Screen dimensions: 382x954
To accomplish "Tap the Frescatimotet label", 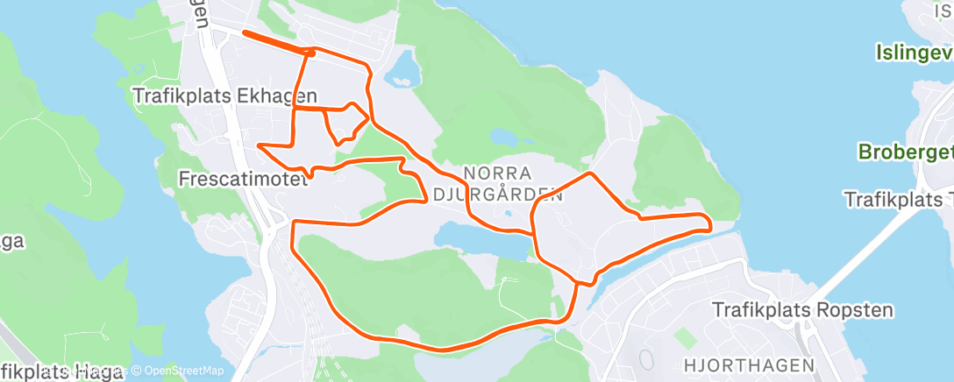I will [243, 179].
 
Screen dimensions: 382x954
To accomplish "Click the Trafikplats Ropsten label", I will [801, 309].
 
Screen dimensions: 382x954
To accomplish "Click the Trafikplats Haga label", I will [61, 371].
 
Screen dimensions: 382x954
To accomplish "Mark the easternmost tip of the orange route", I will [708, 226].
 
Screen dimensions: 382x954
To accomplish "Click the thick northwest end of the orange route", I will [246, 34].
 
